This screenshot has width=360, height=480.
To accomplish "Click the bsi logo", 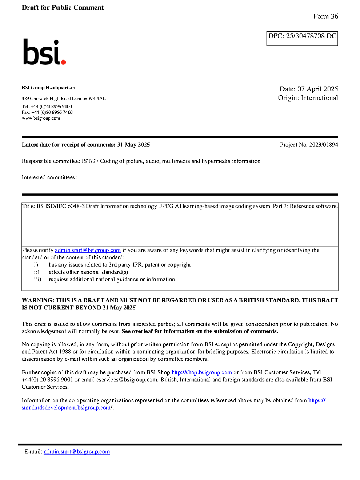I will (x=44, y=52).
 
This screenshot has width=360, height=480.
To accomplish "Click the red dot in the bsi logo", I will (x=63, y=62).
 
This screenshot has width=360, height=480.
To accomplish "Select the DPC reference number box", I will (x=302, y=39).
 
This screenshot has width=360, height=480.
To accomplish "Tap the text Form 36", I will (x=325, y=16).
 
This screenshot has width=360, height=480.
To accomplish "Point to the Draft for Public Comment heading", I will (x=63, y=8).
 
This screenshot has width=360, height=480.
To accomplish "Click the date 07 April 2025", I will (x=317, y=89).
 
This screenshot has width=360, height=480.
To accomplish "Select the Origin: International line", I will (x=308, y=98).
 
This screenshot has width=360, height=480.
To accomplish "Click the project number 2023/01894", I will (x=323, y=145).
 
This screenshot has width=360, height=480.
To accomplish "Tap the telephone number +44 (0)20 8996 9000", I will (x=51, y=107).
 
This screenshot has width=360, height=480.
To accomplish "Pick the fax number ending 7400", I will (x=52, y=112).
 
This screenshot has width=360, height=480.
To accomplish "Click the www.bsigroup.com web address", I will (x=41, y=118).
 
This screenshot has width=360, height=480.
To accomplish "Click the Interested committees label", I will (x=49, y=177).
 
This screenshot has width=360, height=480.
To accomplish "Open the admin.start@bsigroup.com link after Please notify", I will (x=88, y=250).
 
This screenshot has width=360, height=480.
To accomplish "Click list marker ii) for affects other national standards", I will (x=37, y=272).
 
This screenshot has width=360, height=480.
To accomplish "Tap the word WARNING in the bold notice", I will (x=38, y=300).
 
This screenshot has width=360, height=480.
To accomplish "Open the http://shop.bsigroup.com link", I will (x=201, y=372).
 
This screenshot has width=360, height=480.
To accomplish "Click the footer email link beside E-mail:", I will (x=77, y=452).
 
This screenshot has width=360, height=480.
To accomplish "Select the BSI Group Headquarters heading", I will (x=48, y=88).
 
